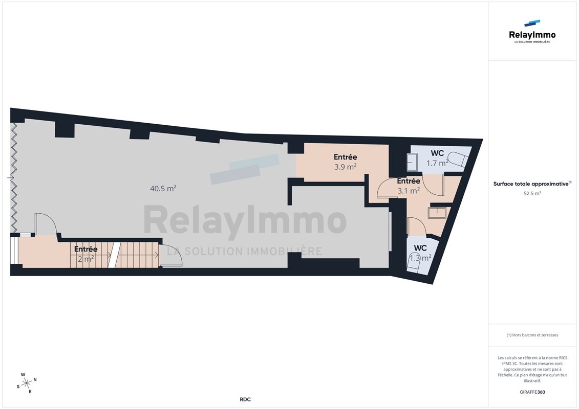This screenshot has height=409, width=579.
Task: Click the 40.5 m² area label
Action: [x=163, y=188]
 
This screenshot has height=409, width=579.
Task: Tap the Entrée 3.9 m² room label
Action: [x=345, y=162]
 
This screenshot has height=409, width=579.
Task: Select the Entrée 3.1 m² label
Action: [x=409, y=186]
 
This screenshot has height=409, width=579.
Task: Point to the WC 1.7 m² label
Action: [x=437, y=158]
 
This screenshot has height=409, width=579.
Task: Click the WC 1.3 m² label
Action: [x=420, y=253]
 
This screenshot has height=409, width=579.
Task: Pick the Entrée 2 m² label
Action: [x=85, y=254]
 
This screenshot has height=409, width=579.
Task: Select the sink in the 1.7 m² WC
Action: [x=412, y=162]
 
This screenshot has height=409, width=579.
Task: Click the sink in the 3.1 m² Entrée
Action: [x=437, y=213]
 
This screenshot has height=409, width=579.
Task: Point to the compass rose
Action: [x=27, y=383]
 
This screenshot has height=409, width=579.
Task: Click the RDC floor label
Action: [x=245, y=399]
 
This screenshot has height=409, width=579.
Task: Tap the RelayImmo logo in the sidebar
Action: [x=532, y=32]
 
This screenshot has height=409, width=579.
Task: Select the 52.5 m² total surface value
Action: [x=532, y=193]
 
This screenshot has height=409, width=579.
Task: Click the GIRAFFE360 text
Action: [x=532, y=392]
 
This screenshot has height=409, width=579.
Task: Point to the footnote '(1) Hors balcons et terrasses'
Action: [x=532, y=335]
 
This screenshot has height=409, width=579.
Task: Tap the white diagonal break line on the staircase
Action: [x=115, y=255]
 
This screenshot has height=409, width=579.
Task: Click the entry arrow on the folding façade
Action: [x=11, y=178]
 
